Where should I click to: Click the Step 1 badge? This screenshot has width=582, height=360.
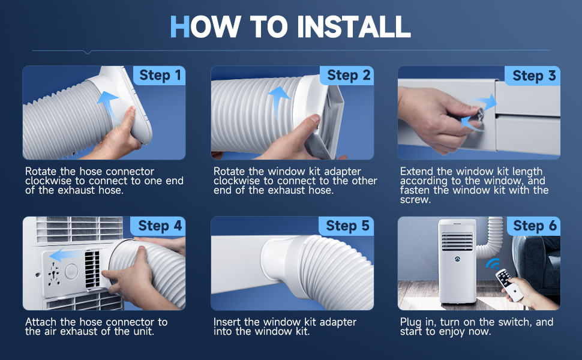click(x=160, y=76)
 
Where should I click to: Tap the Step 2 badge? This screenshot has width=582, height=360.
click(x=347, y=76)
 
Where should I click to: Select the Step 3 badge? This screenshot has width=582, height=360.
click(x=533, y=76)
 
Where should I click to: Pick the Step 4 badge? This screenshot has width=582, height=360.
click(x=159, y=226)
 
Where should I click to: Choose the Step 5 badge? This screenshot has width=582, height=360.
click(x=347, y=226)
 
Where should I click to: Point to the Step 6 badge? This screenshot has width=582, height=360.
click(x=534, y=226)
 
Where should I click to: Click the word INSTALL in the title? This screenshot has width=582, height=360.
click(x=354, y=27)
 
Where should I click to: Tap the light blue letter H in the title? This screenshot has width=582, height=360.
click(x=180, y=27)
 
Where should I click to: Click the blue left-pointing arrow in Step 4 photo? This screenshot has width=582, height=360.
click(x=66, y=256)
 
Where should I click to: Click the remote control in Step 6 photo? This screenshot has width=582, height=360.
click(x=510, y=284)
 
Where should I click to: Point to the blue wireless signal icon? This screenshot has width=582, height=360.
click(x=493, y=264)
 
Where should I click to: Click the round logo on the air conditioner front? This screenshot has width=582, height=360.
click(x=457, y=259)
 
